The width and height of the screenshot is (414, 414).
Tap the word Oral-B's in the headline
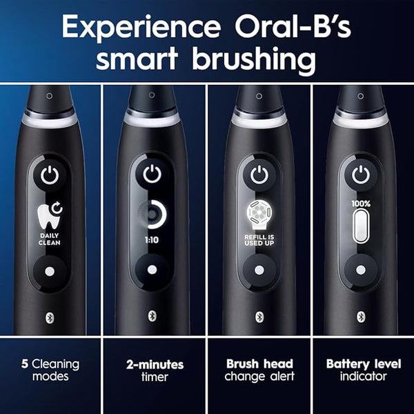coord(293,26)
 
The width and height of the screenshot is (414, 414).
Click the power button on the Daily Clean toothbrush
coord(50,175)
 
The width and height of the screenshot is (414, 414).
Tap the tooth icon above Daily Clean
coord(50,216)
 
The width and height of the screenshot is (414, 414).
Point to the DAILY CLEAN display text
coord(50,239)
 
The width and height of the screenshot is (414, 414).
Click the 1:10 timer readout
coord(152,240)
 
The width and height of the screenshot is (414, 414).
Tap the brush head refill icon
coord(259,215)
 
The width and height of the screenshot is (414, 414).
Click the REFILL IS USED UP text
coord(259,240)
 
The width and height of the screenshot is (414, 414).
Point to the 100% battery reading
coord(361,204)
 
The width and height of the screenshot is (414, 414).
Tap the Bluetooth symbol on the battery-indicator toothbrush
coord(361,317)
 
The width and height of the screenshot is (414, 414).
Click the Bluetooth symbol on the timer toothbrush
coord(152,316)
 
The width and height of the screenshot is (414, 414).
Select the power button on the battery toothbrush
coord(361,175)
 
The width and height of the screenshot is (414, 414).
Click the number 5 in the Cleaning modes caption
coord(25,364)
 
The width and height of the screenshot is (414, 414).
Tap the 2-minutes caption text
coord(155,365)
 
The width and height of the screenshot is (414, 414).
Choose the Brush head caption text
coord(259,364)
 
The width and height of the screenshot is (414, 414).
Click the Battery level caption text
coord(364,364)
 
